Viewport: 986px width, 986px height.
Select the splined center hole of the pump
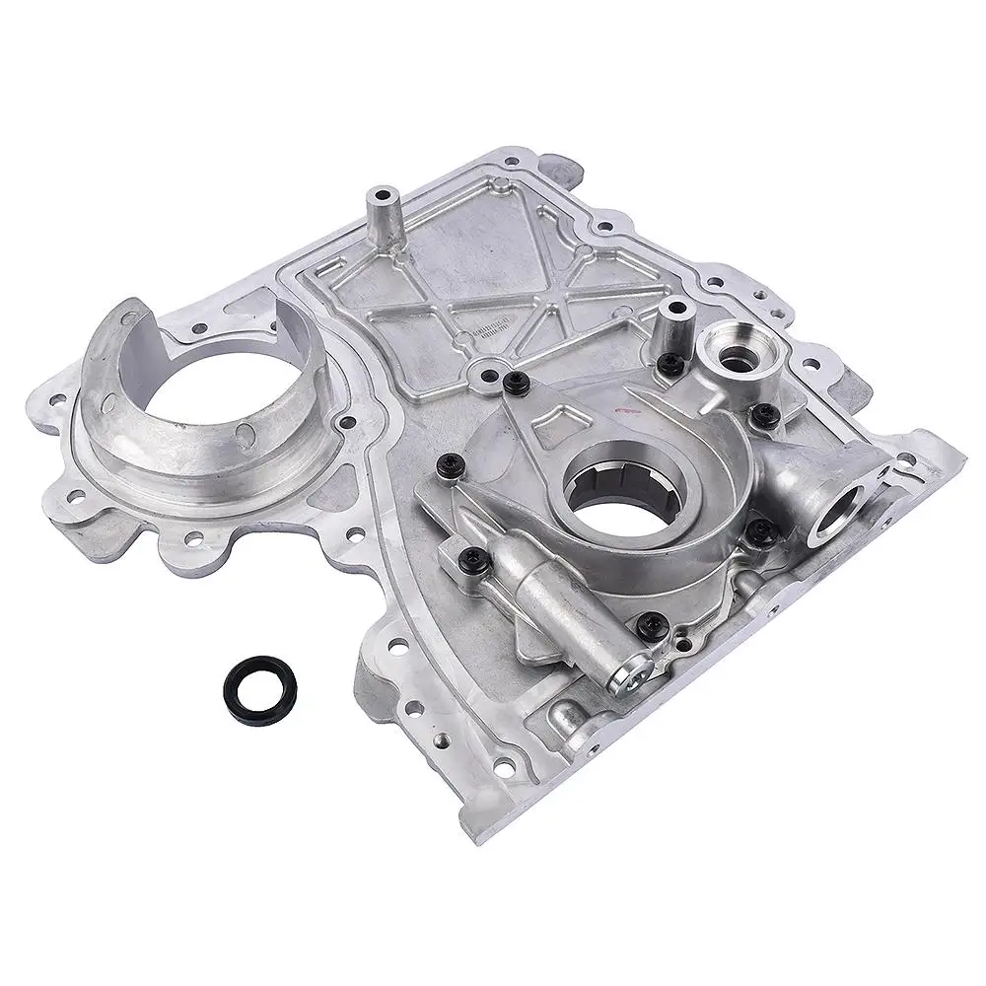coord(600,492)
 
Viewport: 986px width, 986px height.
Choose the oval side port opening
coord(841,514)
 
